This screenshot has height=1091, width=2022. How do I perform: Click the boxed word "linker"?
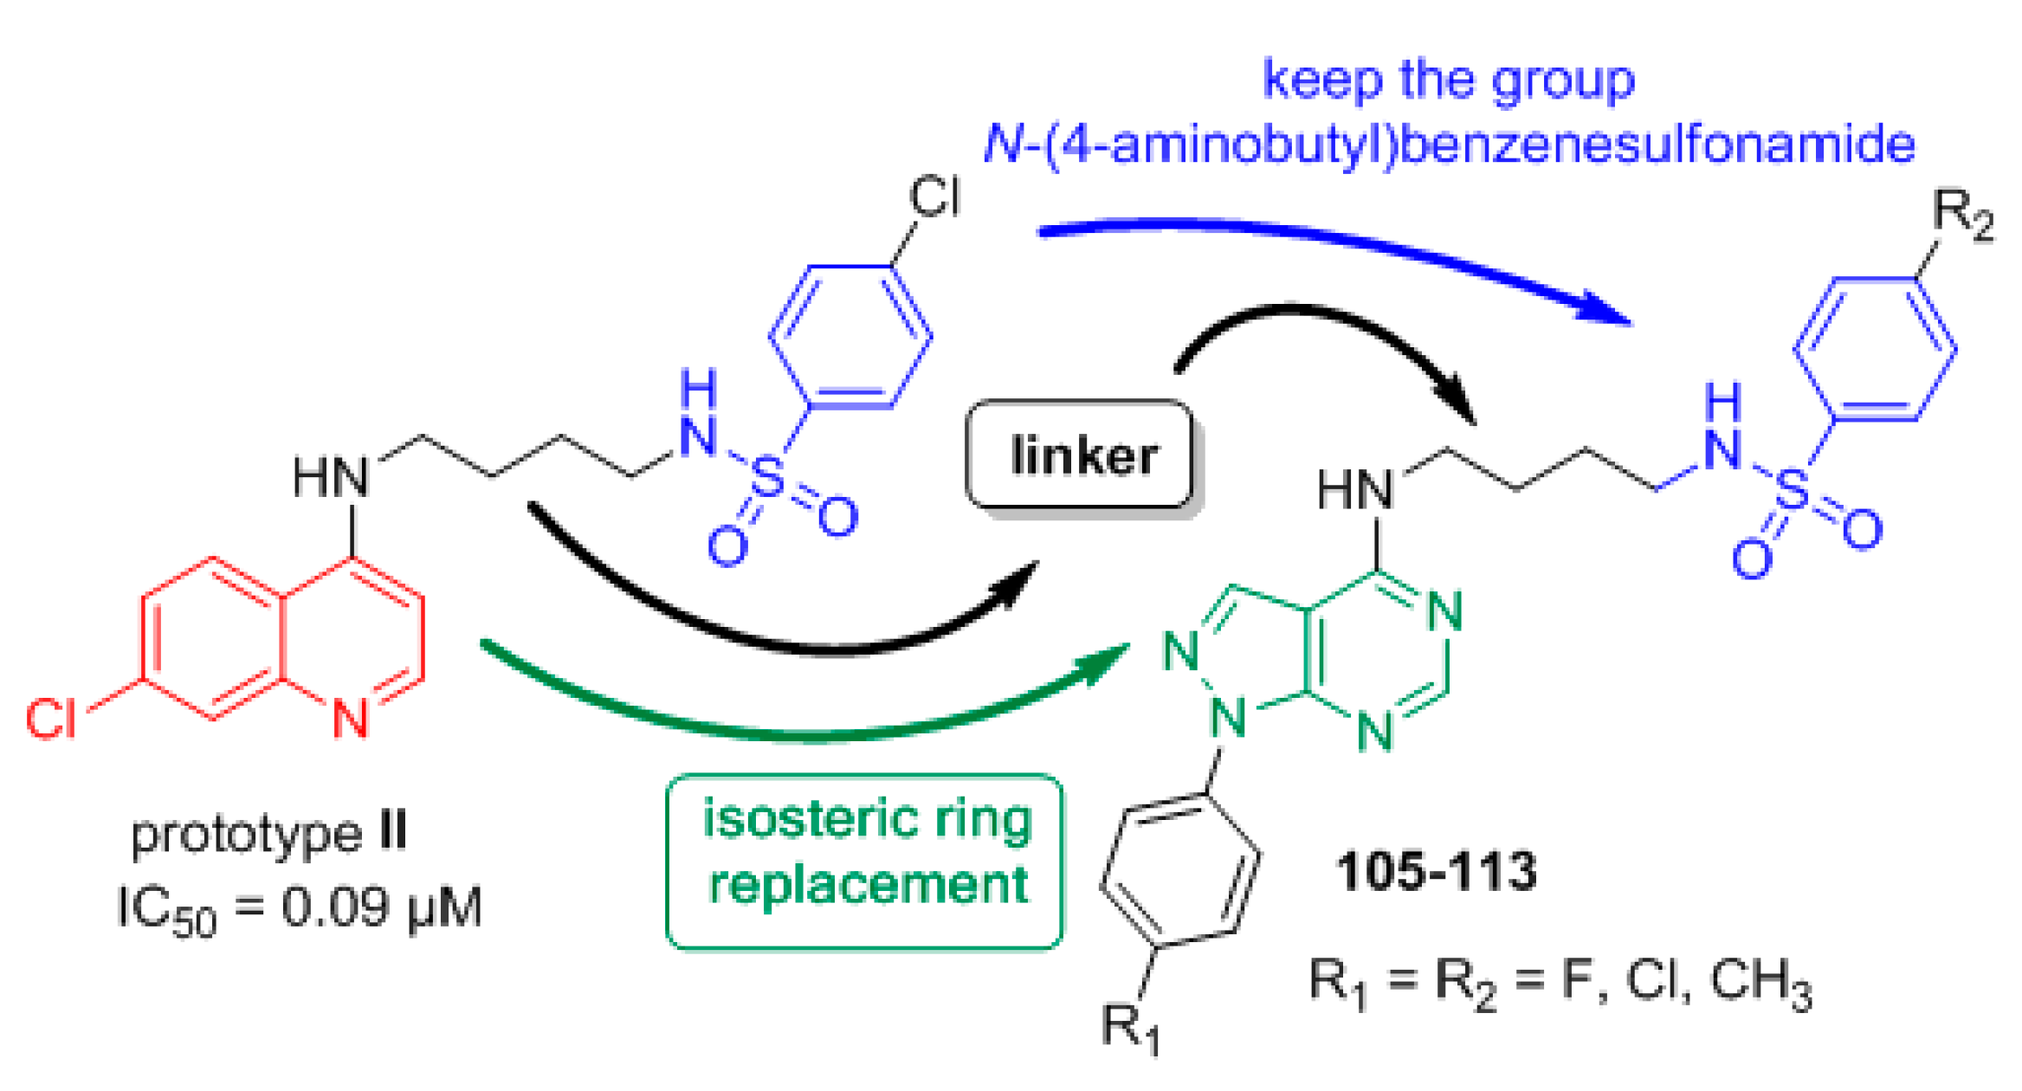pyautogui.click(x=1082, y=455)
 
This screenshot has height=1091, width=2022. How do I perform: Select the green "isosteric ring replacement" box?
pyautogui.click(x=864, y=861)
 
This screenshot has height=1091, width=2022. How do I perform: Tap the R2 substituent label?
pyautogui.click(x=1962, y=213)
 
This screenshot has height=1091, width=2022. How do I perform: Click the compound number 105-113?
pyautogui.click(x=1436, y=871)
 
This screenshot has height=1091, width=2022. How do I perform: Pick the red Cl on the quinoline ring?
pyautogui.click(x=50, y=719)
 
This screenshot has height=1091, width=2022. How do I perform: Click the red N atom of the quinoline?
pyautogui.click(x=351, y=719)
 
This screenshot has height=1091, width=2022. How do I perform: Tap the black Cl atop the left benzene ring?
pyautogui.click(x=934, y=197)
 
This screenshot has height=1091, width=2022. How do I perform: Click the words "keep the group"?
pyautogui.click(x=1449, y=80)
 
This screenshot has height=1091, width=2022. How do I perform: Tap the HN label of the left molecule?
pyautogui.click(x=331, y=478)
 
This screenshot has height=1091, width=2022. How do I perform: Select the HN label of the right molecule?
pyautogui.click(x=1355, y=490)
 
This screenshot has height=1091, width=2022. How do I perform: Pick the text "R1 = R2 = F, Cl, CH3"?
pyautogui.click(x=1559, y=984)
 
